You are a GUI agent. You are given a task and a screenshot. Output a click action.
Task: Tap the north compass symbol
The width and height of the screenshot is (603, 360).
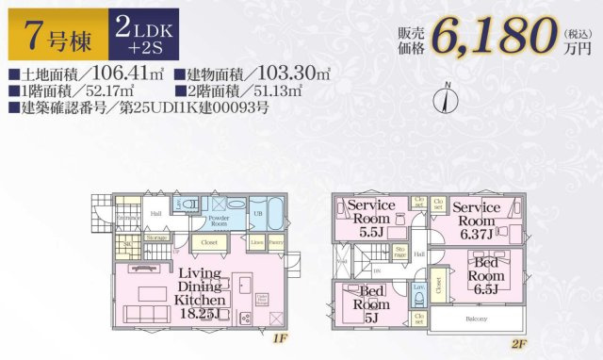pos(447,97)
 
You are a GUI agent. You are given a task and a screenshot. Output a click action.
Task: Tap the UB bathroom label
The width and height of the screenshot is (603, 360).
pos(256,214)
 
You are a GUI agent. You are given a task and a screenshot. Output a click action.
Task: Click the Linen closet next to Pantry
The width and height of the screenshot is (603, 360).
pos(256,243)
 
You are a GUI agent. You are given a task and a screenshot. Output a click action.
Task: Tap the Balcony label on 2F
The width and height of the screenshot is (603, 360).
pos(475,319)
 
